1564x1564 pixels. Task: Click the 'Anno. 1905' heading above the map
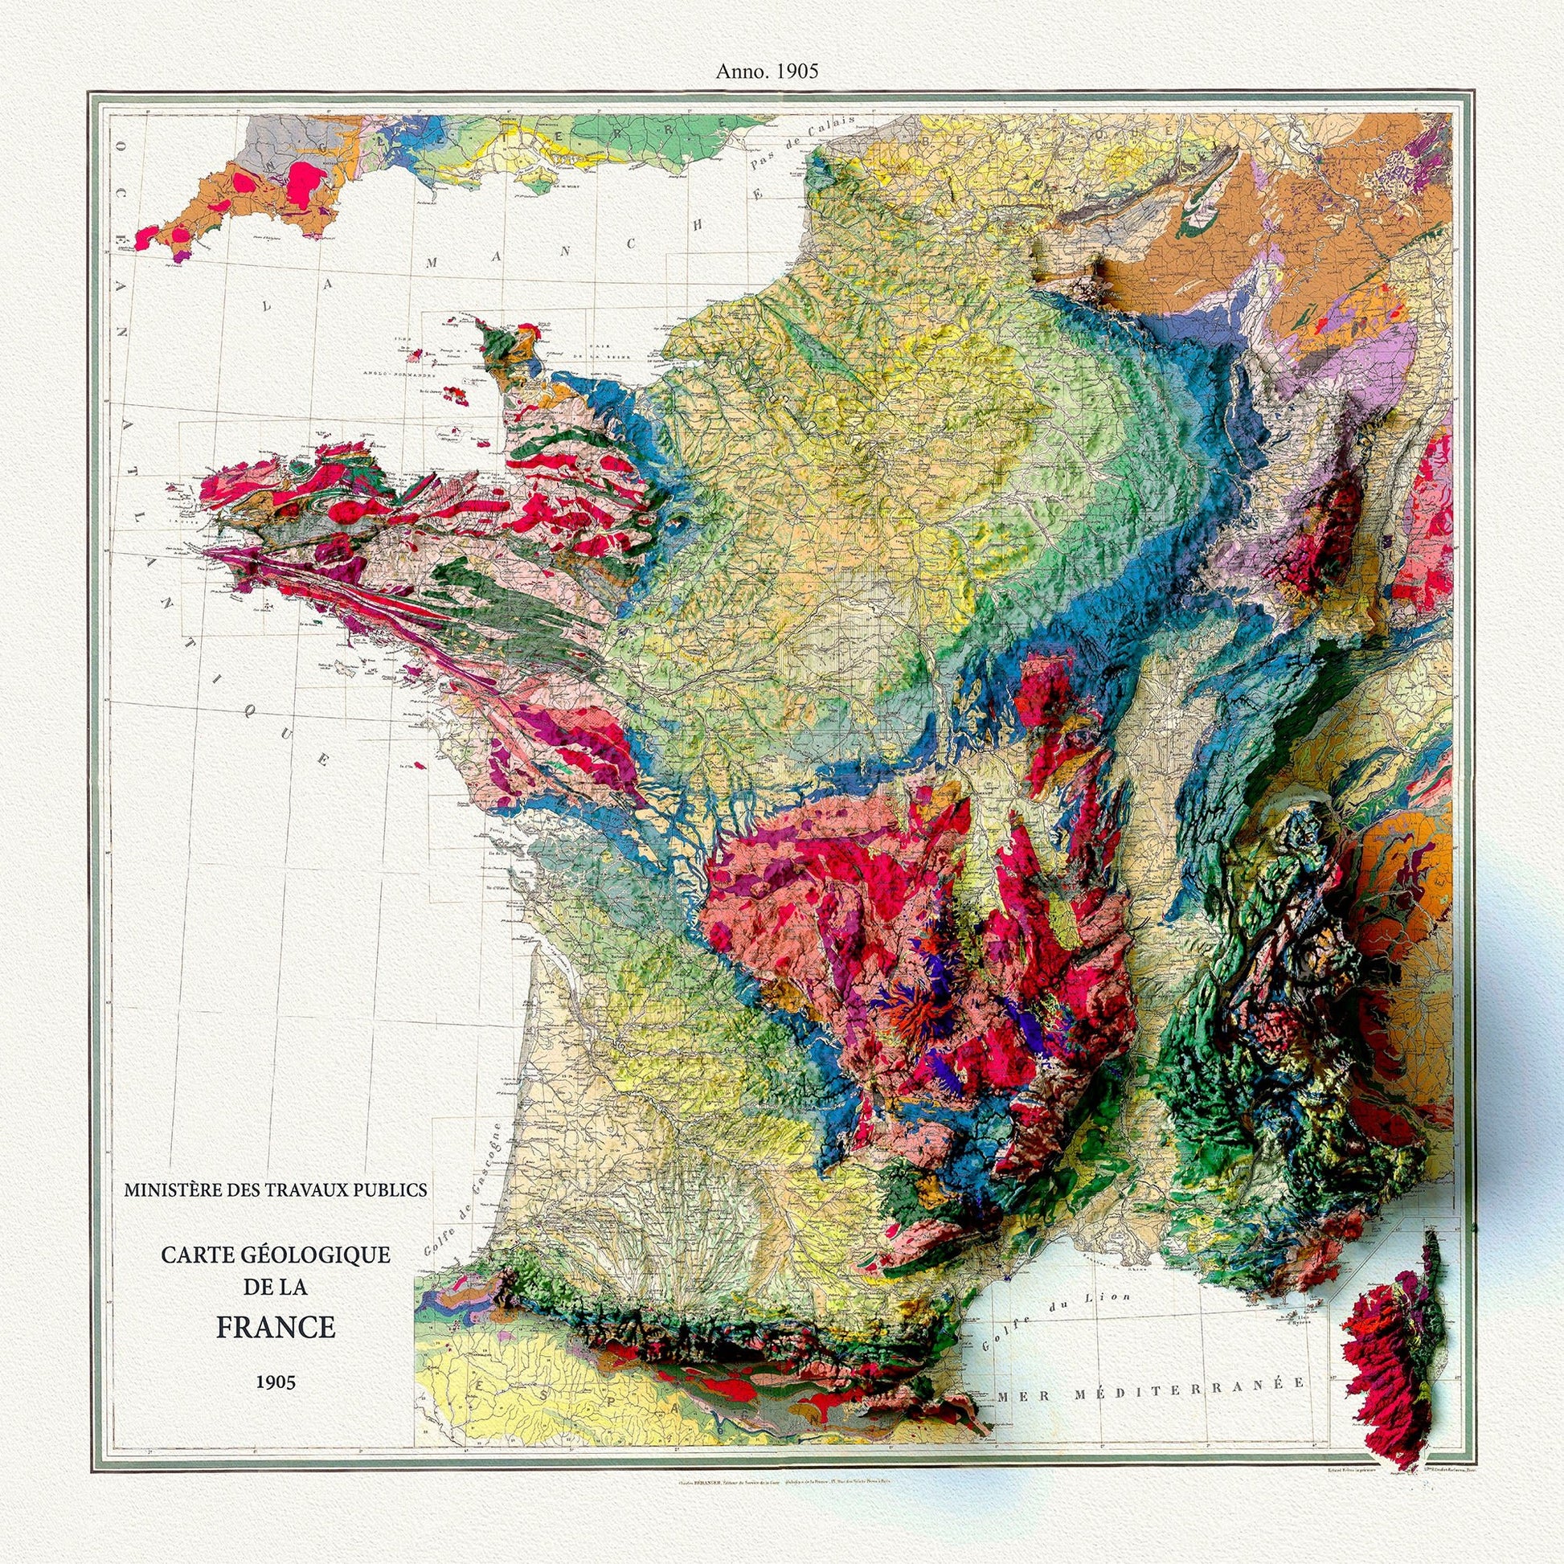(x=767, y=72)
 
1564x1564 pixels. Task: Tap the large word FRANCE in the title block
(x=275, y=1329)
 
